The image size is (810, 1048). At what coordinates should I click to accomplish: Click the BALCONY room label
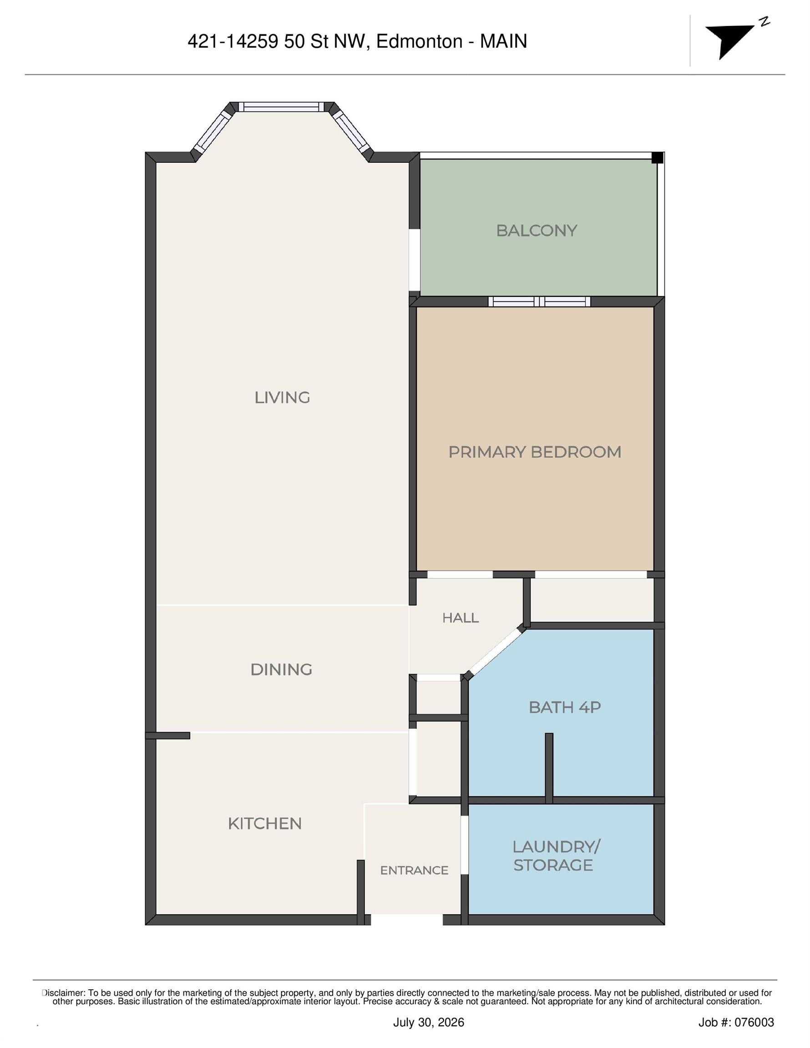[536, 231]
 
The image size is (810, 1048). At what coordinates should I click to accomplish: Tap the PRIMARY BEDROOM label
[534, 452]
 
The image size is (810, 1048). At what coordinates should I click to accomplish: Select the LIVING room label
[282, 397]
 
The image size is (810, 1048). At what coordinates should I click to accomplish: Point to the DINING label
[281, 670]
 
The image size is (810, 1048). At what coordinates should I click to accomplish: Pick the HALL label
[461, 618]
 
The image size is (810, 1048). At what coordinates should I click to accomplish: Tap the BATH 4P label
[565, 707]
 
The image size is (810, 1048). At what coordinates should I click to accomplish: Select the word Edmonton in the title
[419, 42]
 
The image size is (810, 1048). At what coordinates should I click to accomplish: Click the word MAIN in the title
[504, 42]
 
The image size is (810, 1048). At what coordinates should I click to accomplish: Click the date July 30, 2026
[429, 1023]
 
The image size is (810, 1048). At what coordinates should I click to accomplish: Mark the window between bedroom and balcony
[540, 302]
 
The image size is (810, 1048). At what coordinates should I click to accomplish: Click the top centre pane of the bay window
[281, 107]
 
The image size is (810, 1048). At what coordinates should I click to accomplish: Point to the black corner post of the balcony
[657, 157]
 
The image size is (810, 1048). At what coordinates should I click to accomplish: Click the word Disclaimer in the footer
[64, 993]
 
